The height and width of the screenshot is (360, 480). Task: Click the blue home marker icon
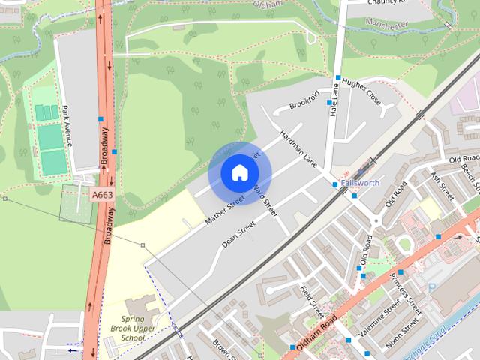click(x=239, y=172)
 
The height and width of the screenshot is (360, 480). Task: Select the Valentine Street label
click(x=379, y=319)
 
